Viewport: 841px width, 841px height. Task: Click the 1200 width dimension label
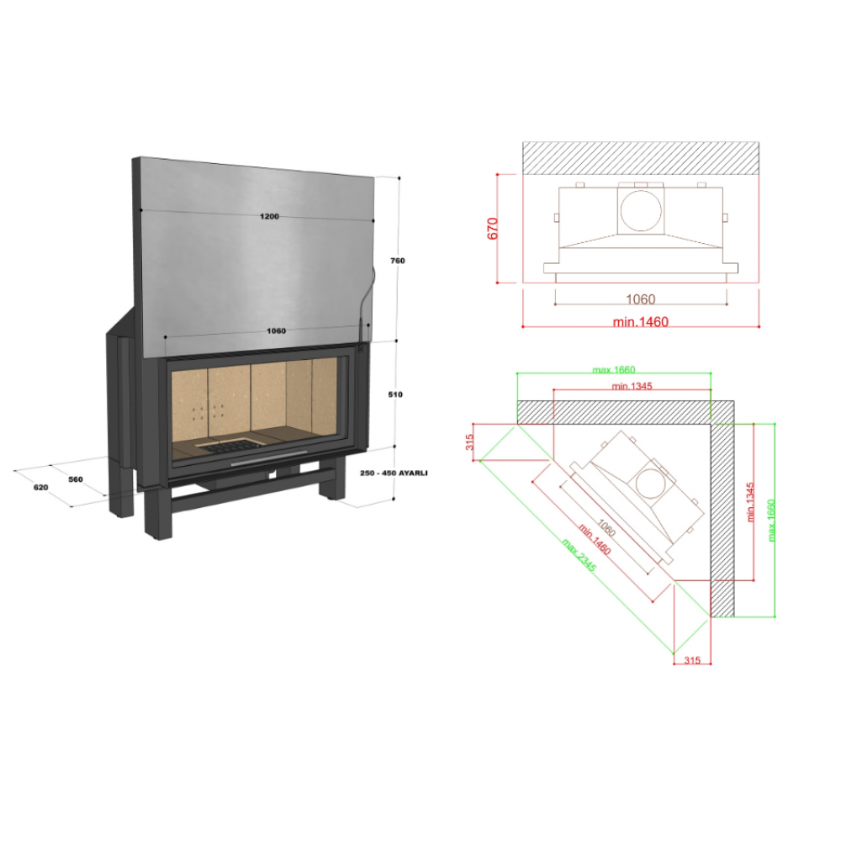269,216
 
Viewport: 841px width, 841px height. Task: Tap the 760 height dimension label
398,261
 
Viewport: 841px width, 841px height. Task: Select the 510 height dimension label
395,394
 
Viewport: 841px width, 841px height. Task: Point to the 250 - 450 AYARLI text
394,473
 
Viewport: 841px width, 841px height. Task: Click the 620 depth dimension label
40,487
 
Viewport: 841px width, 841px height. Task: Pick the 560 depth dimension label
76,479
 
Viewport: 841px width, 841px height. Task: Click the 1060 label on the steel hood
276,331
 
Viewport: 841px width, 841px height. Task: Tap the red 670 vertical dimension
492,229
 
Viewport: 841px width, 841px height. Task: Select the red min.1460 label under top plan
640,322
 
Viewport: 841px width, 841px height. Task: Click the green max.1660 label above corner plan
614,369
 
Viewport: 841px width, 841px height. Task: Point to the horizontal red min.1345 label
632,386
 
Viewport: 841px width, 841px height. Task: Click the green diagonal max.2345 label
579,554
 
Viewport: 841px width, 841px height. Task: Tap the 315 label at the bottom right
692,660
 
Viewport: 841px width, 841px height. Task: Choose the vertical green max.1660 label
771,521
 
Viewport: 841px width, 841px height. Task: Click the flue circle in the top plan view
641,210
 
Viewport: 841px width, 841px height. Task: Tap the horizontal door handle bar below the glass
269,458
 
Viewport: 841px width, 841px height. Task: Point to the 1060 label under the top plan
640,299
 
